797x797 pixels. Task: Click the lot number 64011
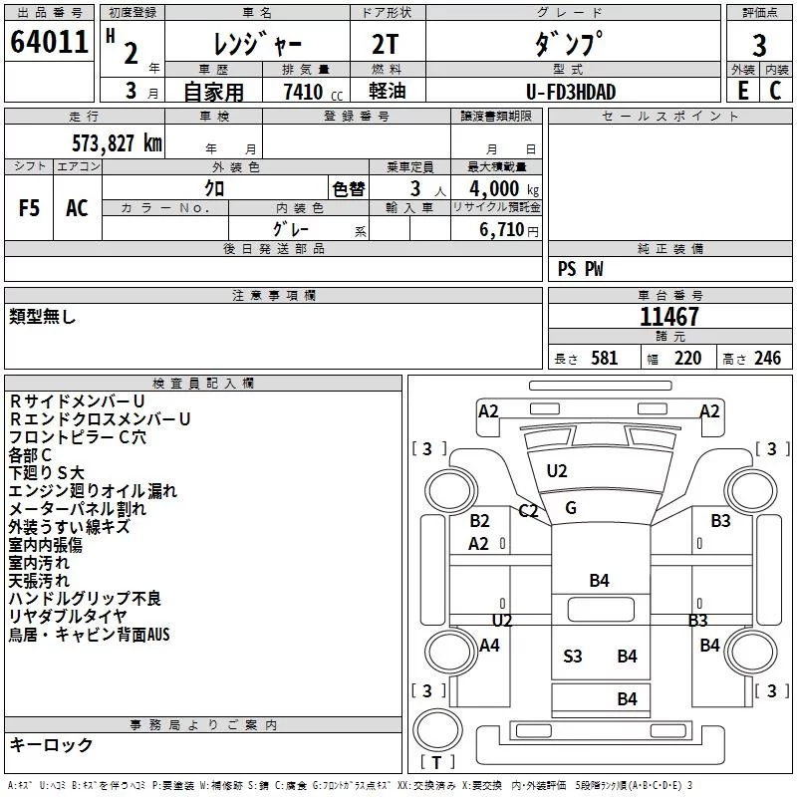tap(49, 42)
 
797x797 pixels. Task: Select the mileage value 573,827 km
tap(117, 143)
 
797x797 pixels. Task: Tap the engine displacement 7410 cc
tap(313, 92)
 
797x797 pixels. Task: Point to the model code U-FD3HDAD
tap(571, 92)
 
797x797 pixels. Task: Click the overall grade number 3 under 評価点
tap(759, 46)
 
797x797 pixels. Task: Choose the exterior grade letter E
tap(743, 91)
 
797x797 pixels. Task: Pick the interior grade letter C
tap(775, 91)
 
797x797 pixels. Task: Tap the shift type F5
tap(29, 208)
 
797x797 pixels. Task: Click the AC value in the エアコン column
tap(77, 208)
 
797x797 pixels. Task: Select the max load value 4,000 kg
tap(504, 189)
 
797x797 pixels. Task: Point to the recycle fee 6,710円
tap(509, 230)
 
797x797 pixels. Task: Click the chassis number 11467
tap(668, 316)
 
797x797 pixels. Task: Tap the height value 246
tap(767, 359)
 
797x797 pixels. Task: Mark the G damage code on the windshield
tap(571, 508)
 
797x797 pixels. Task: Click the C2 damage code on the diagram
tap(528, 510)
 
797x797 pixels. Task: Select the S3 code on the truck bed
tap(572, 657)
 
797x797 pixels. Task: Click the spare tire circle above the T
tap(437, 729)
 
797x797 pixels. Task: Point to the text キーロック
tap(52, 744)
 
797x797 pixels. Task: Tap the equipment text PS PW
tap(580, 269)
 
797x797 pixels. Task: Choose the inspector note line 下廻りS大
tap(46, 472)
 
